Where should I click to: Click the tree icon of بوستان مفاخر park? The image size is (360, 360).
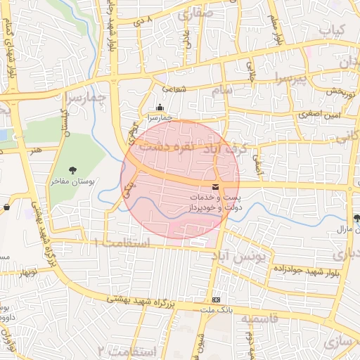pyautogui.click(x=73, y=169)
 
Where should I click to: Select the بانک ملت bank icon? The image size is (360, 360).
pyautogui.click(x=216, y=300)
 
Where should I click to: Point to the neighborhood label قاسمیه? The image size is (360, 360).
pyautogui.click(x=259, y=319)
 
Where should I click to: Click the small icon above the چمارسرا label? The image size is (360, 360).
pyautogui.click(x=160, y=108)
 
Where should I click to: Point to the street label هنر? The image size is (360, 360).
pyautogui.click(x=37, y=150)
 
